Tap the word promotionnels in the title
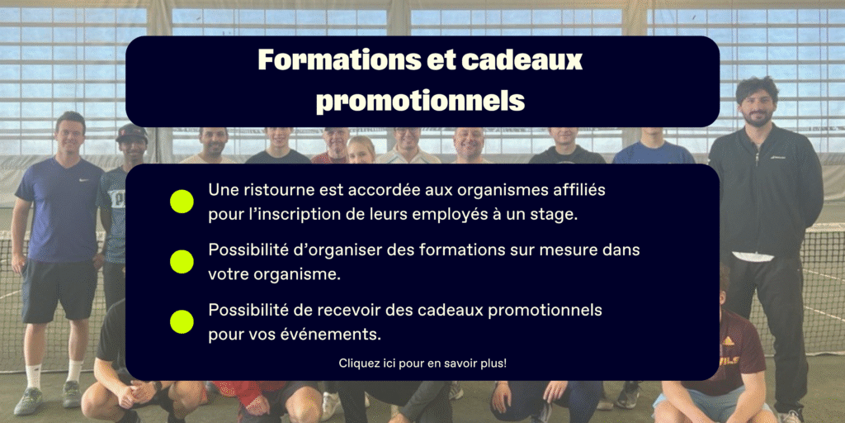[x=420, y=100]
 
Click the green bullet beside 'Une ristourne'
[x=182, y=202]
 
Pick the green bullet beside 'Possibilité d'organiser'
[x=182, y=261]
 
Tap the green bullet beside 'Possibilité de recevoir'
[x=182, y=321]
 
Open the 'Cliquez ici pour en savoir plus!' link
[x=422, y=364]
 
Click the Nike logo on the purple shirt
[x=84, y=179]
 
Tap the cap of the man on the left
[x=131, y=131]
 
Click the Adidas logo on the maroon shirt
[x=728, y=341]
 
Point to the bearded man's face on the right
[x=758, y=103]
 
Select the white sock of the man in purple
[x=33, y=376]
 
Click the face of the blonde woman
[x=361, y=150]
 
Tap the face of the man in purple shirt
[x=71, y=136]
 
